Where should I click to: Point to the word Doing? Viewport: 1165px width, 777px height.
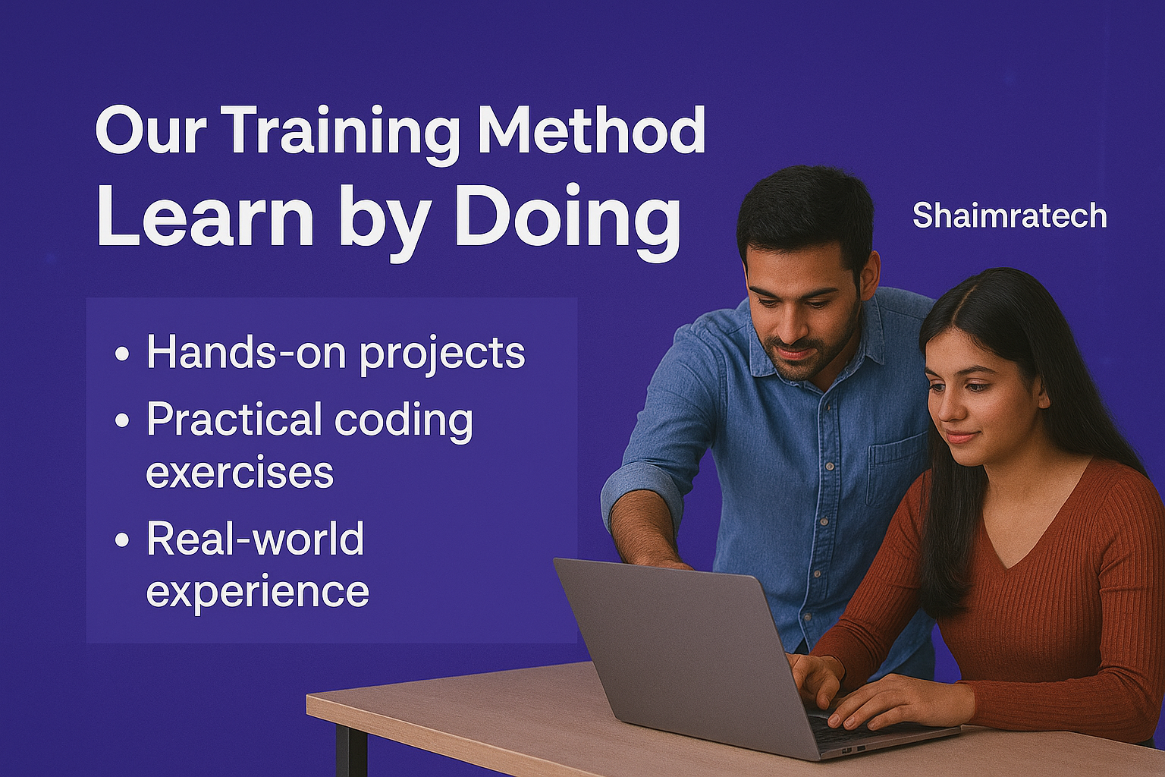(567, 222)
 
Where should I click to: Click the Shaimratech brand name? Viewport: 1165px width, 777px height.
(1010, 216)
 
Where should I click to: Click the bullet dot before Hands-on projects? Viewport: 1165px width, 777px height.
(121, 354)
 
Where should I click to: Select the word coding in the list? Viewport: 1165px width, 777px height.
(403, 421)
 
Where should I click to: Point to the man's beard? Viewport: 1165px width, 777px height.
(812, 344)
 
